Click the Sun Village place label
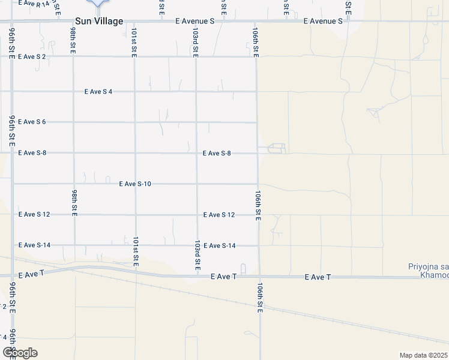(98, 21)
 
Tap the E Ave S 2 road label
(32, 56)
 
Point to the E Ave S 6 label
(32, 122)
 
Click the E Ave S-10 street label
(134, 184)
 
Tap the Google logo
(20, 353)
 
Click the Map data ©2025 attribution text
(424, 355)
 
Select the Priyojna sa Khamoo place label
(426, 270)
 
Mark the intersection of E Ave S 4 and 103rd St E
(196, 91)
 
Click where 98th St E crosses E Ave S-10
(74, 184)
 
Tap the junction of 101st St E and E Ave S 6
(135, 122)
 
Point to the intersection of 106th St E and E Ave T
(259, 277)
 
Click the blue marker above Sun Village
(98, 2)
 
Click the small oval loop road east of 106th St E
(276, 148)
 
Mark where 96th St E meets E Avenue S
(11, 22)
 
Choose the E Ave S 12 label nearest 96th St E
(34, 214)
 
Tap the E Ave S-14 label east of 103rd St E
(219, 245)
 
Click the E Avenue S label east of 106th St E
(322, 21)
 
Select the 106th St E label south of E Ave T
(261, 297)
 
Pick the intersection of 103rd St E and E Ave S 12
(197, 214)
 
